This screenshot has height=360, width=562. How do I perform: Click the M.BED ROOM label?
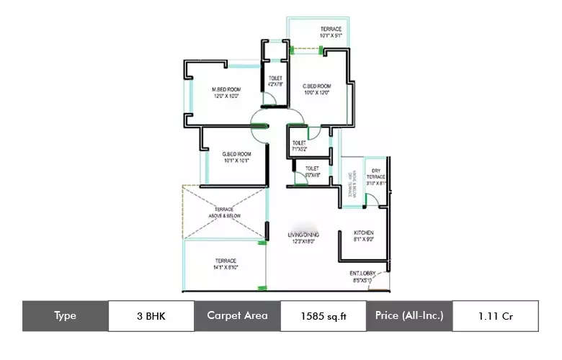[226, 90]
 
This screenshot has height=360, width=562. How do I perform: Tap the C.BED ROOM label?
[316, 86]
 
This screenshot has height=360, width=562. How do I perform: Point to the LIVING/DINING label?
[304, 235]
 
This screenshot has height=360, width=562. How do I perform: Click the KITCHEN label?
[362, 234]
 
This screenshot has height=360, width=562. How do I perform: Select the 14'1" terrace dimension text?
[226, 267]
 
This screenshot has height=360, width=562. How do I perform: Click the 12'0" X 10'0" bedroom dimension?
[226, 96]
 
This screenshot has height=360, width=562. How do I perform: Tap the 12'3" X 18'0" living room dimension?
[304, 242]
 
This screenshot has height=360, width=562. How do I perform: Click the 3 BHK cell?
[151, 316]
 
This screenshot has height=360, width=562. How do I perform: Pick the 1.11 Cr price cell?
[495, 316]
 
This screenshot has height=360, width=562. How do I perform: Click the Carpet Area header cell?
[237, 316]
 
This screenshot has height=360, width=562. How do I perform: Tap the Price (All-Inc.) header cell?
[409, 316]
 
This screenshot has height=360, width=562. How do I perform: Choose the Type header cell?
[65, 316]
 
